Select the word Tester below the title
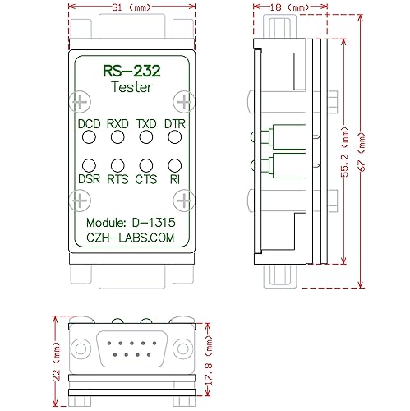click(132, 88)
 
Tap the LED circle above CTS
click(146, 166)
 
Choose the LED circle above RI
click(175, 166)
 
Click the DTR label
click(175, 125)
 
